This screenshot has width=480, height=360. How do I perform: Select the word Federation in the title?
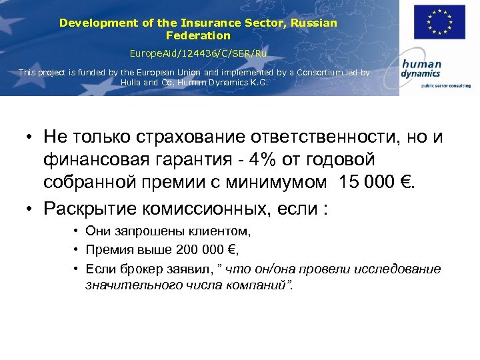coord(198,35)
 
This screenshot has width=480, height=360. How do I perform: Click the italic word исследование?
coord(399,269)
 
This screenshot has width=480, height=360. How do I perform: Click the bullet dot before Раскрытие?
coord(30,209)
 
